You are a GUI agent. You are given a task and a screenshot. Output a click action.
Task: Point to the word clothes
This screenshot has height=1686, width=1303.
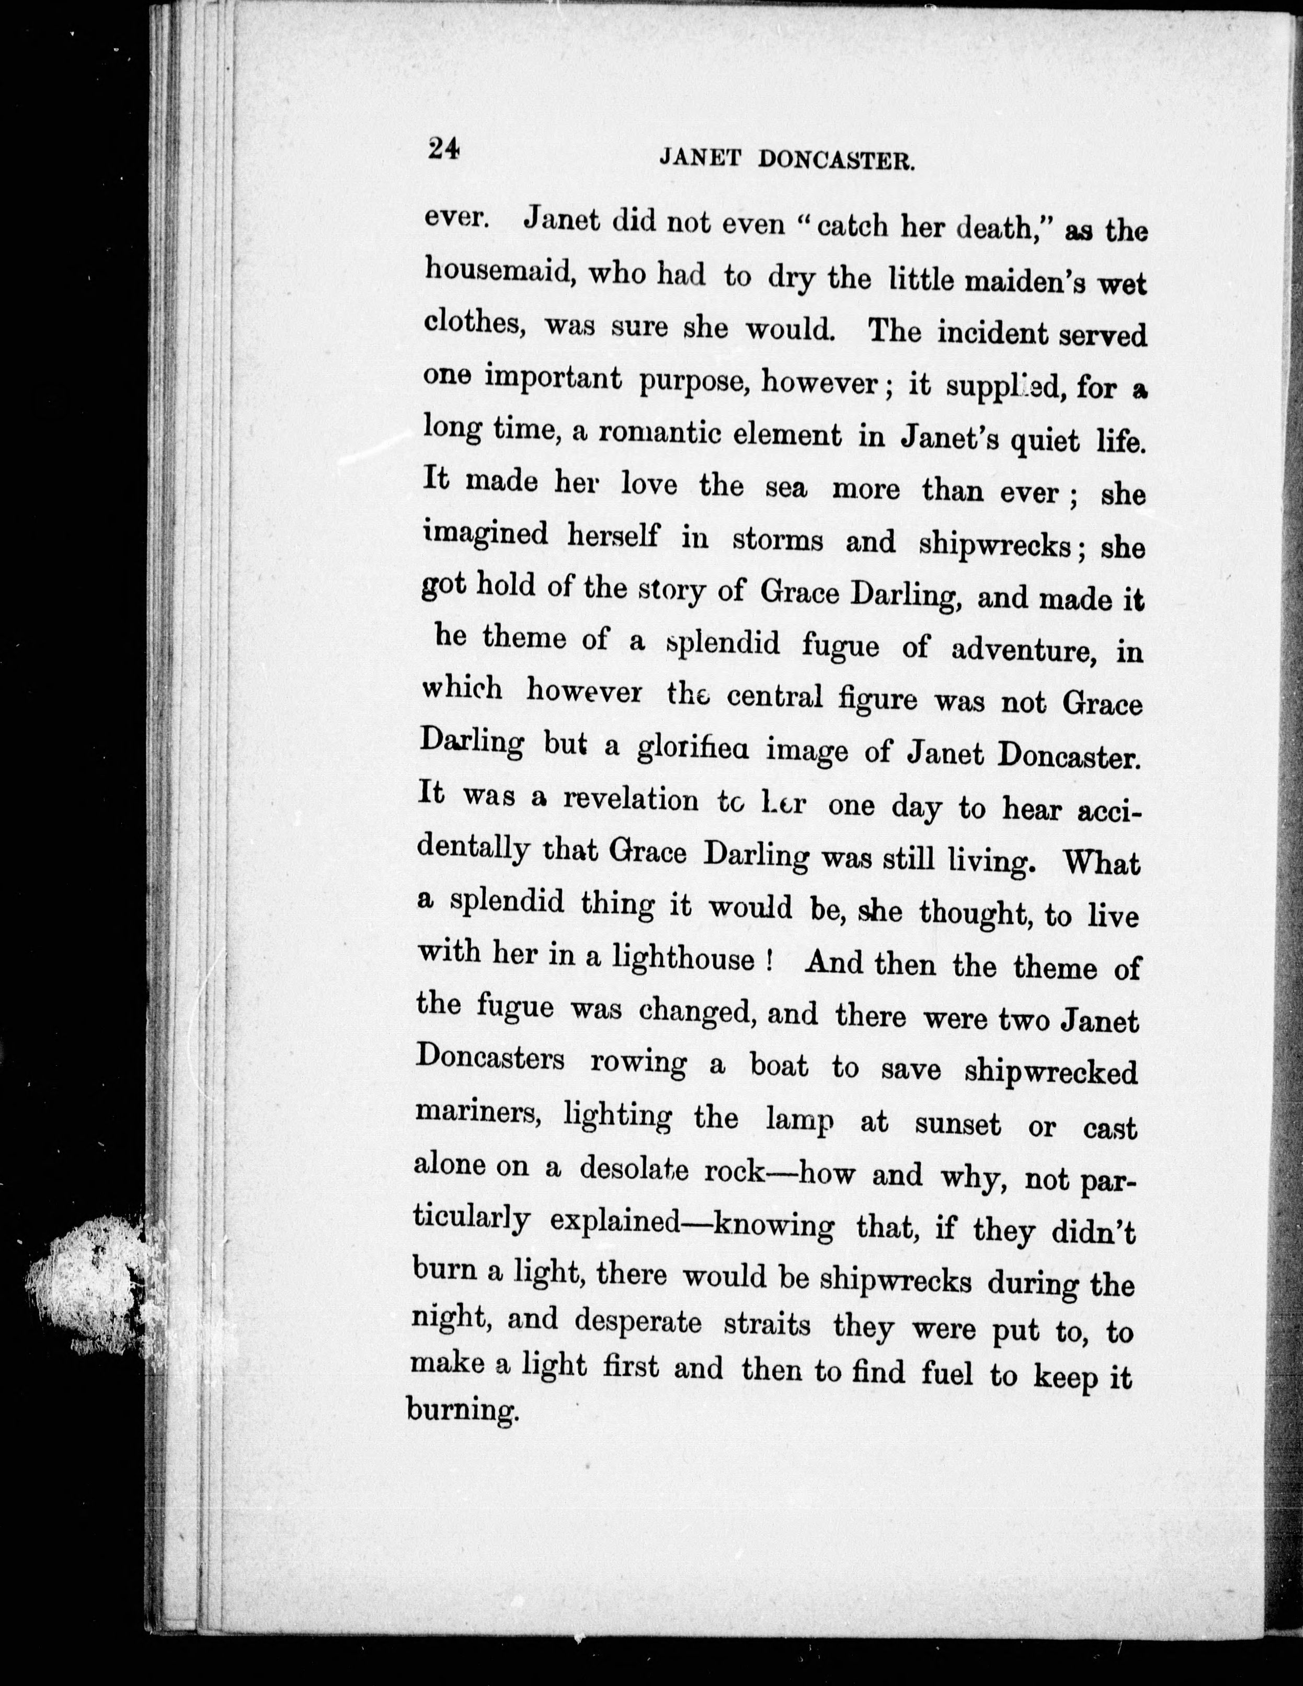(475, 324)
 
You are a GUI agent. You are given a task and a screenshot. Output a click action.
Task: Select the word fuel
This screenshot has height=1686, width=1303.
(947, 1374)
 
